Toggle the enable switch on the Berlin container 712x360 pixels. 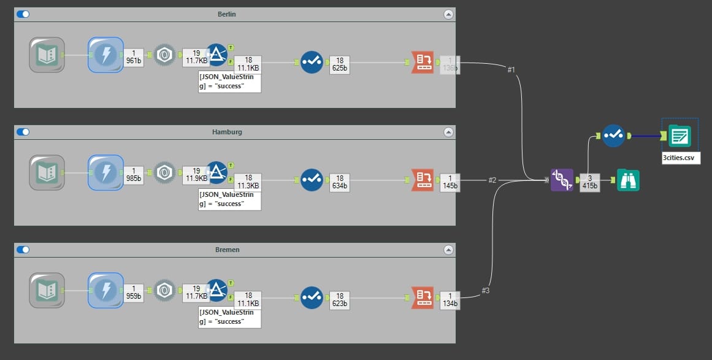(23, 14)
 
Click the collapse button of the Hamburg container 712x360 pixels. (448, 132)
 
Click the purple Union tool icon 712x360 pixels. (562, 180)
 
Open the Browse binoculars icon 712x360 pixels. (628, 180)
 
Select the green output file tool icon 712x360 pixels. (679, 136)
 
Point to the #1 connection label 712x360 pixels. (511, 70)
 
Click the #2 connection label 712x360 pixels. (492, 180)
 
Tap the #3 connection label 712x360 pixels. (485, 290)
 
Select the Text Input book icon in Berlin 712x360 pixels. (47, 55)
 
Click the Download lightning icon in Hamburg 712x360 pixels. (105, 172)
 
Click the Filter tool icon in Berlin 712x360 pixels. (216, 55)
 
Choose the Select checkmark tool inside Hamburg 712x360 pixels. (312, 180)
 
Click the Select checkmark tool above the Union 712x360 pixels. (613, 136)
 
